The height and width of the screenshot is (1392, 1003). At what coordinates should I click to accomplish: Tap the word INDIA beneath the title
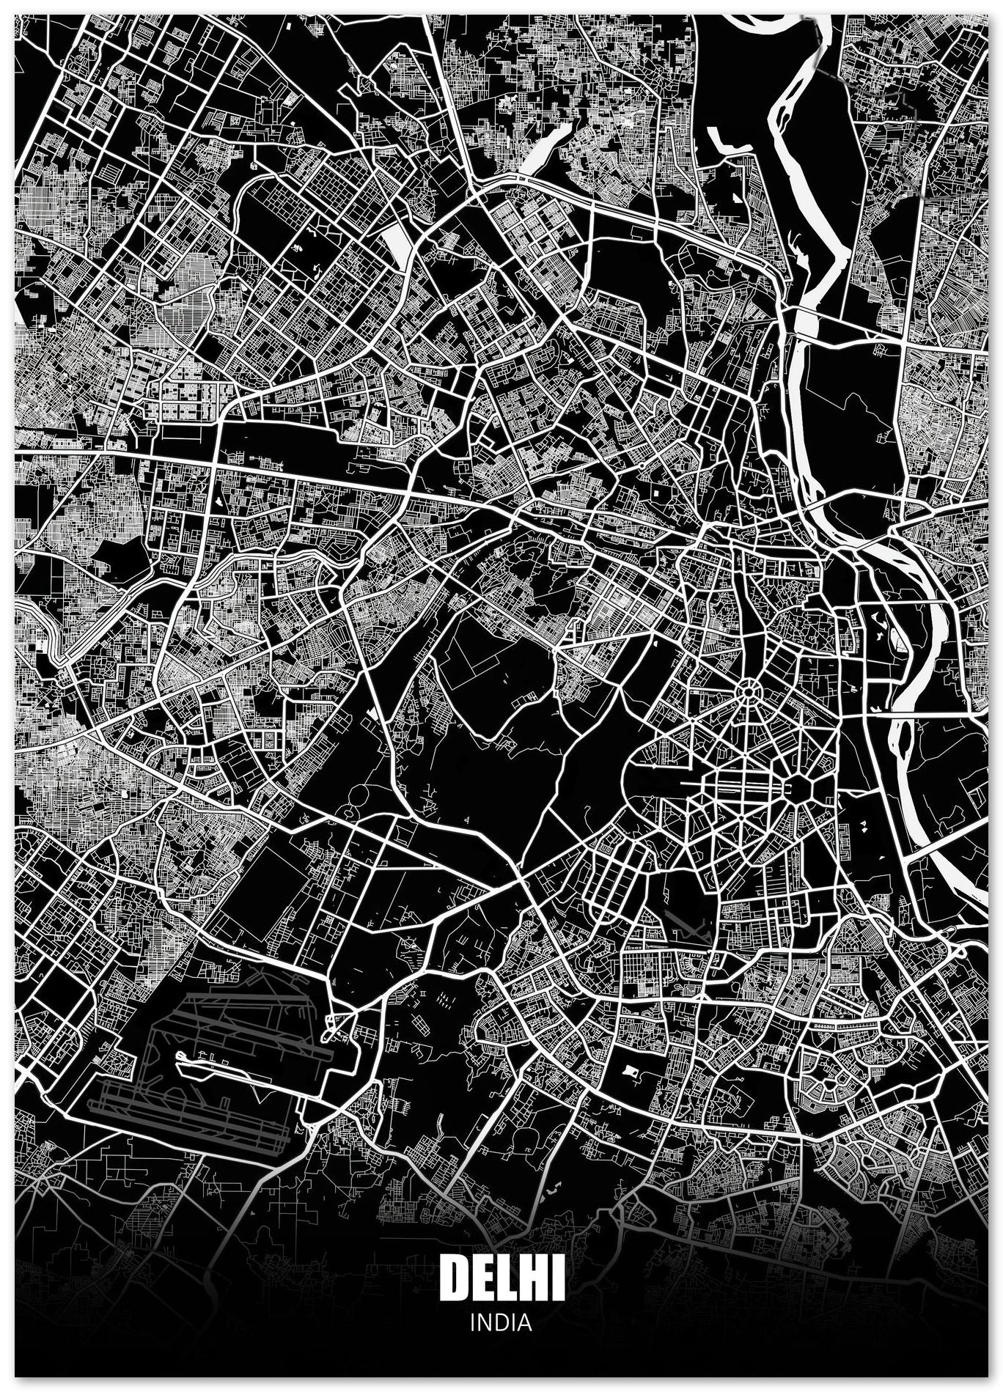501,1322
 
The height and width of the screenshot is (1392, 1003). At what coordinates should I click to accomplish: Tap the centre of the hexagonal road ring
796,789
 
